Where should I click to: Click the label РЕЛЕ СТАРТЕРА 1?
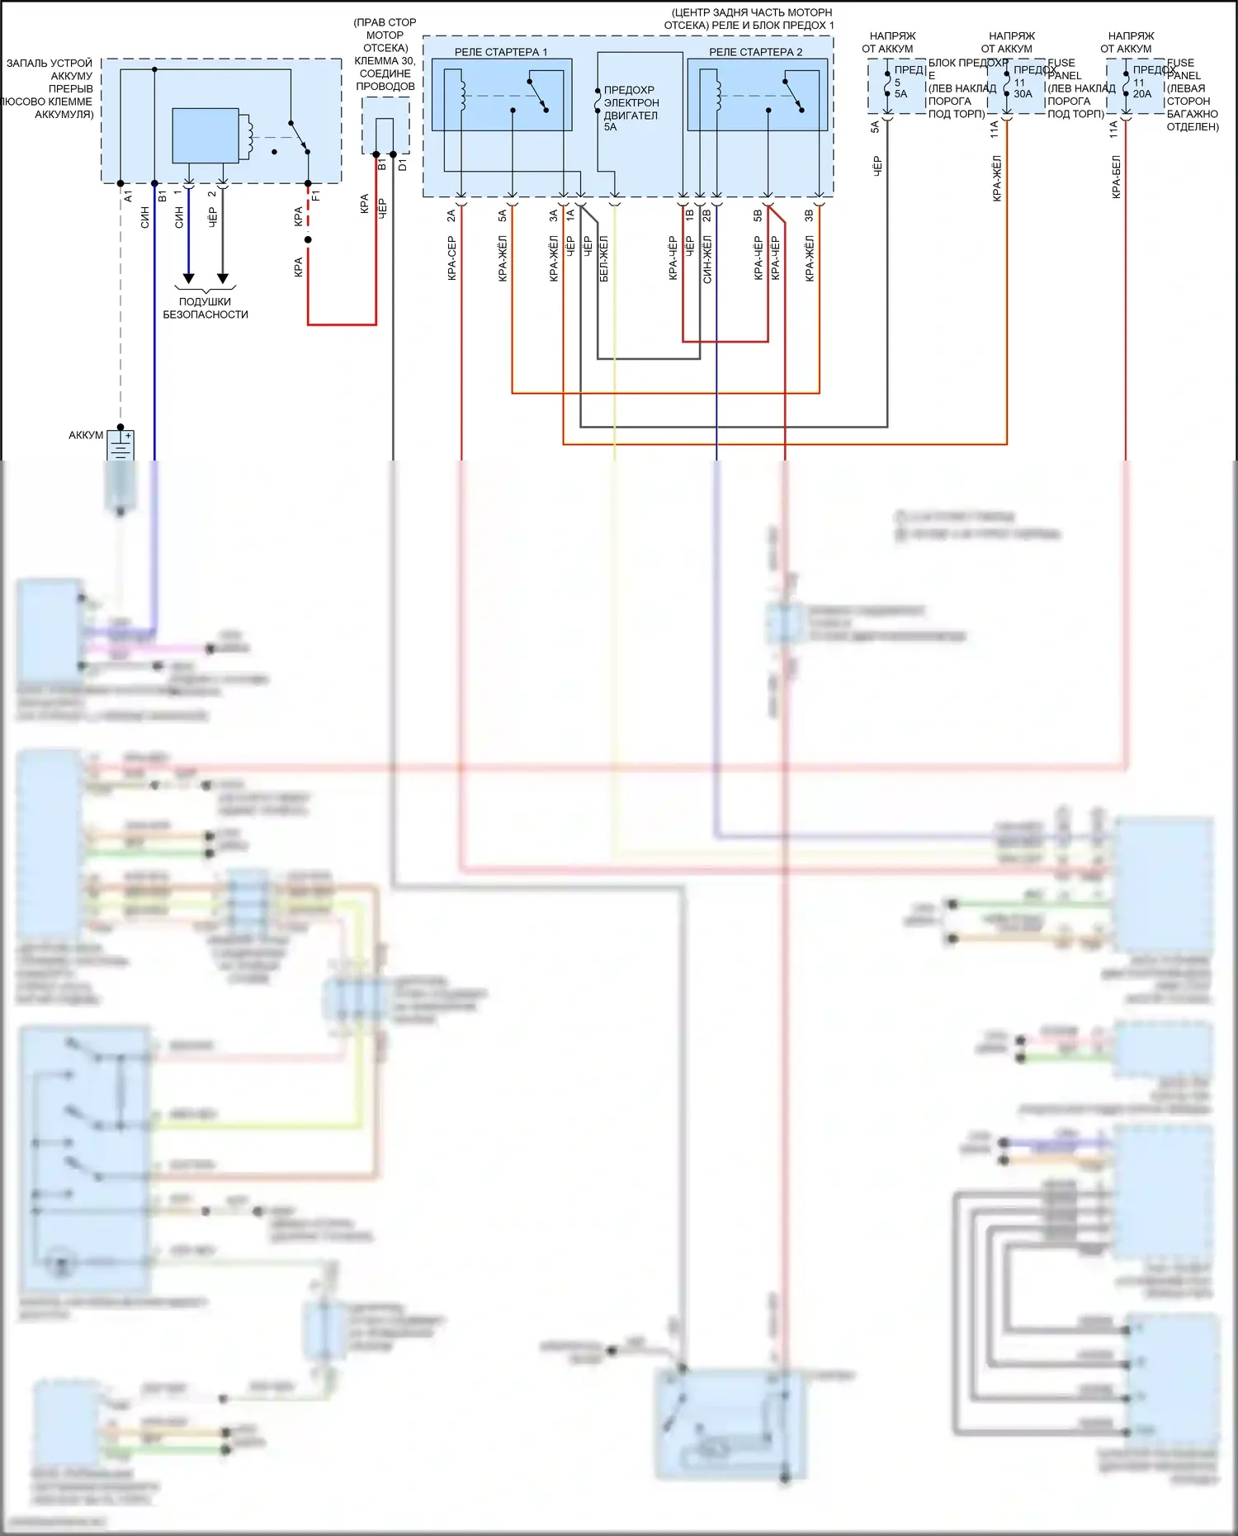(500, 52)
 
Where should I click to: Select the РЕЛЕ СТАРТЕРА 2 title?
(755, 52)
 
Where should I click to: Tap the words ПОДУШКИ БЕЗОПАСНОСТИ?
(205, 308)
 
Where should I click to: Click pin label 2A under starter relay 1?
(451, 215)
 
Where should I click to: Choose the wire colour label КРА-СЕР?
(452, 258)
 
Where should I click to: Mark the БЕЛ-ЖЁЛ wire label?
(604, 259)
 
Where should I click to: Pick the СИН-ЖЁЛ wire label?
(707, 259)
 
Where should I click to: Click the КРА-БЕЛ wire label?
(1116, 177)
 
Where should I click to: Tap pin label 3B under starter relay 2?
(809, 215)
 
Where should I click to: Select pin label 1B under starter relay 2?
(690, 215)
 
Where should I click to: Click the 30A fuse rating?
(1023, 94)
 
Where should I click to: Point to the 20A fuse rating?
(1142, 94)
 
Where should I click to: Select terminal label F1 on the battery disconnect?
(316, 196)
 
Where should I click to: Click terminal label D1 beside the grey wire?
(403, 165)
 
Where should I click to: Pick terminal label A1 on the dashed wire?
(128, 196)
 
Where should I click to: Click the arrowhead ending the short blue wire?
(188, 278)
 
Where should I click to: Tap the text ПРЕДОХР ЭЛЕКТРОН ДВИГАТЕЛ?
(631, 102)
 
